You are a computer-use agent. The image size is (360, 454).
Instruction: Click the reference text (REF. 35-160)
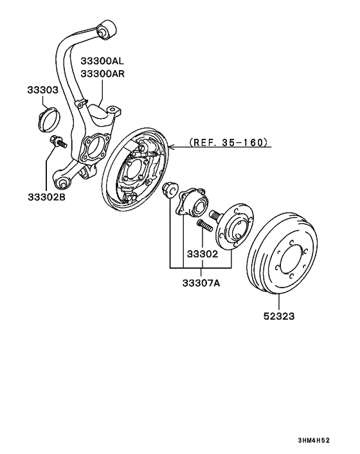228,142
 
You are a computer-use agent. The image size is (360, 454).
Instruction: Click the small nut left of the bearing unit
170,190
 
